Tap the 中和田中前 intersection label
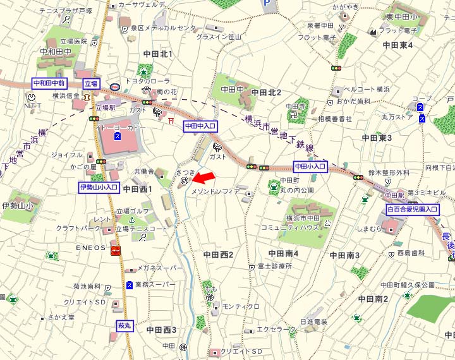pyautogui.click(x=49, y=83)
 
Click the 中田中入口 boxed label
pyautogui.click(x=200, y=126)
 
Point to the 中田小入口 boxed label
pyautogui.click(x=310, y=167)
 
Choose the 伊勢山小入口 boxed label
pyautogui.click(x=99, y=188)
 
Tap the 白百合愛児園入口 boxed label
pyautogui.click(x=412, y=209)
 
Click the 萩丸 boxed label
pyautogui.click(x=124, y=326)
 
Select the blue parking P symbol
pyautogui.click(x=269, y=5)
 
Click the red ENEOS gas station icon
pyautogui.click(x=116, y=251)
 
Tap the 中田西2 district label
pyautogui.click(x=219, y=255)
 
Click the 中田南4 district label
pyautogui.click(x=283, y=254)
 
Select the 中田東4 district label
pyautogui.click(x=397, y=45)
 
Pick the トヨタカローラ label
pyautogui.click(x=148, y=81)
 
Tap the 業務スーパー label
pyautogui.click(x=155, y=285)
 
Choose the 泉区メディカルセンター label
pyautogui.click(x=167, y=28)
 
